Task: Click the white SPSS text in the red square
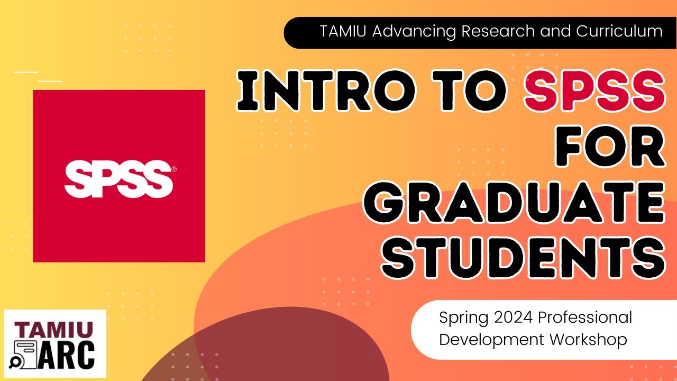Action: point(117,176)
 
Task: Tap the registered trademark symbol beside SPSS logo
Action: point(174,170)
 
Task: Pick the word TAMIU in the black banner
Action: point(344,31)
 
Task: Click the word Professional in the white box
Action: point(585,317)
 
